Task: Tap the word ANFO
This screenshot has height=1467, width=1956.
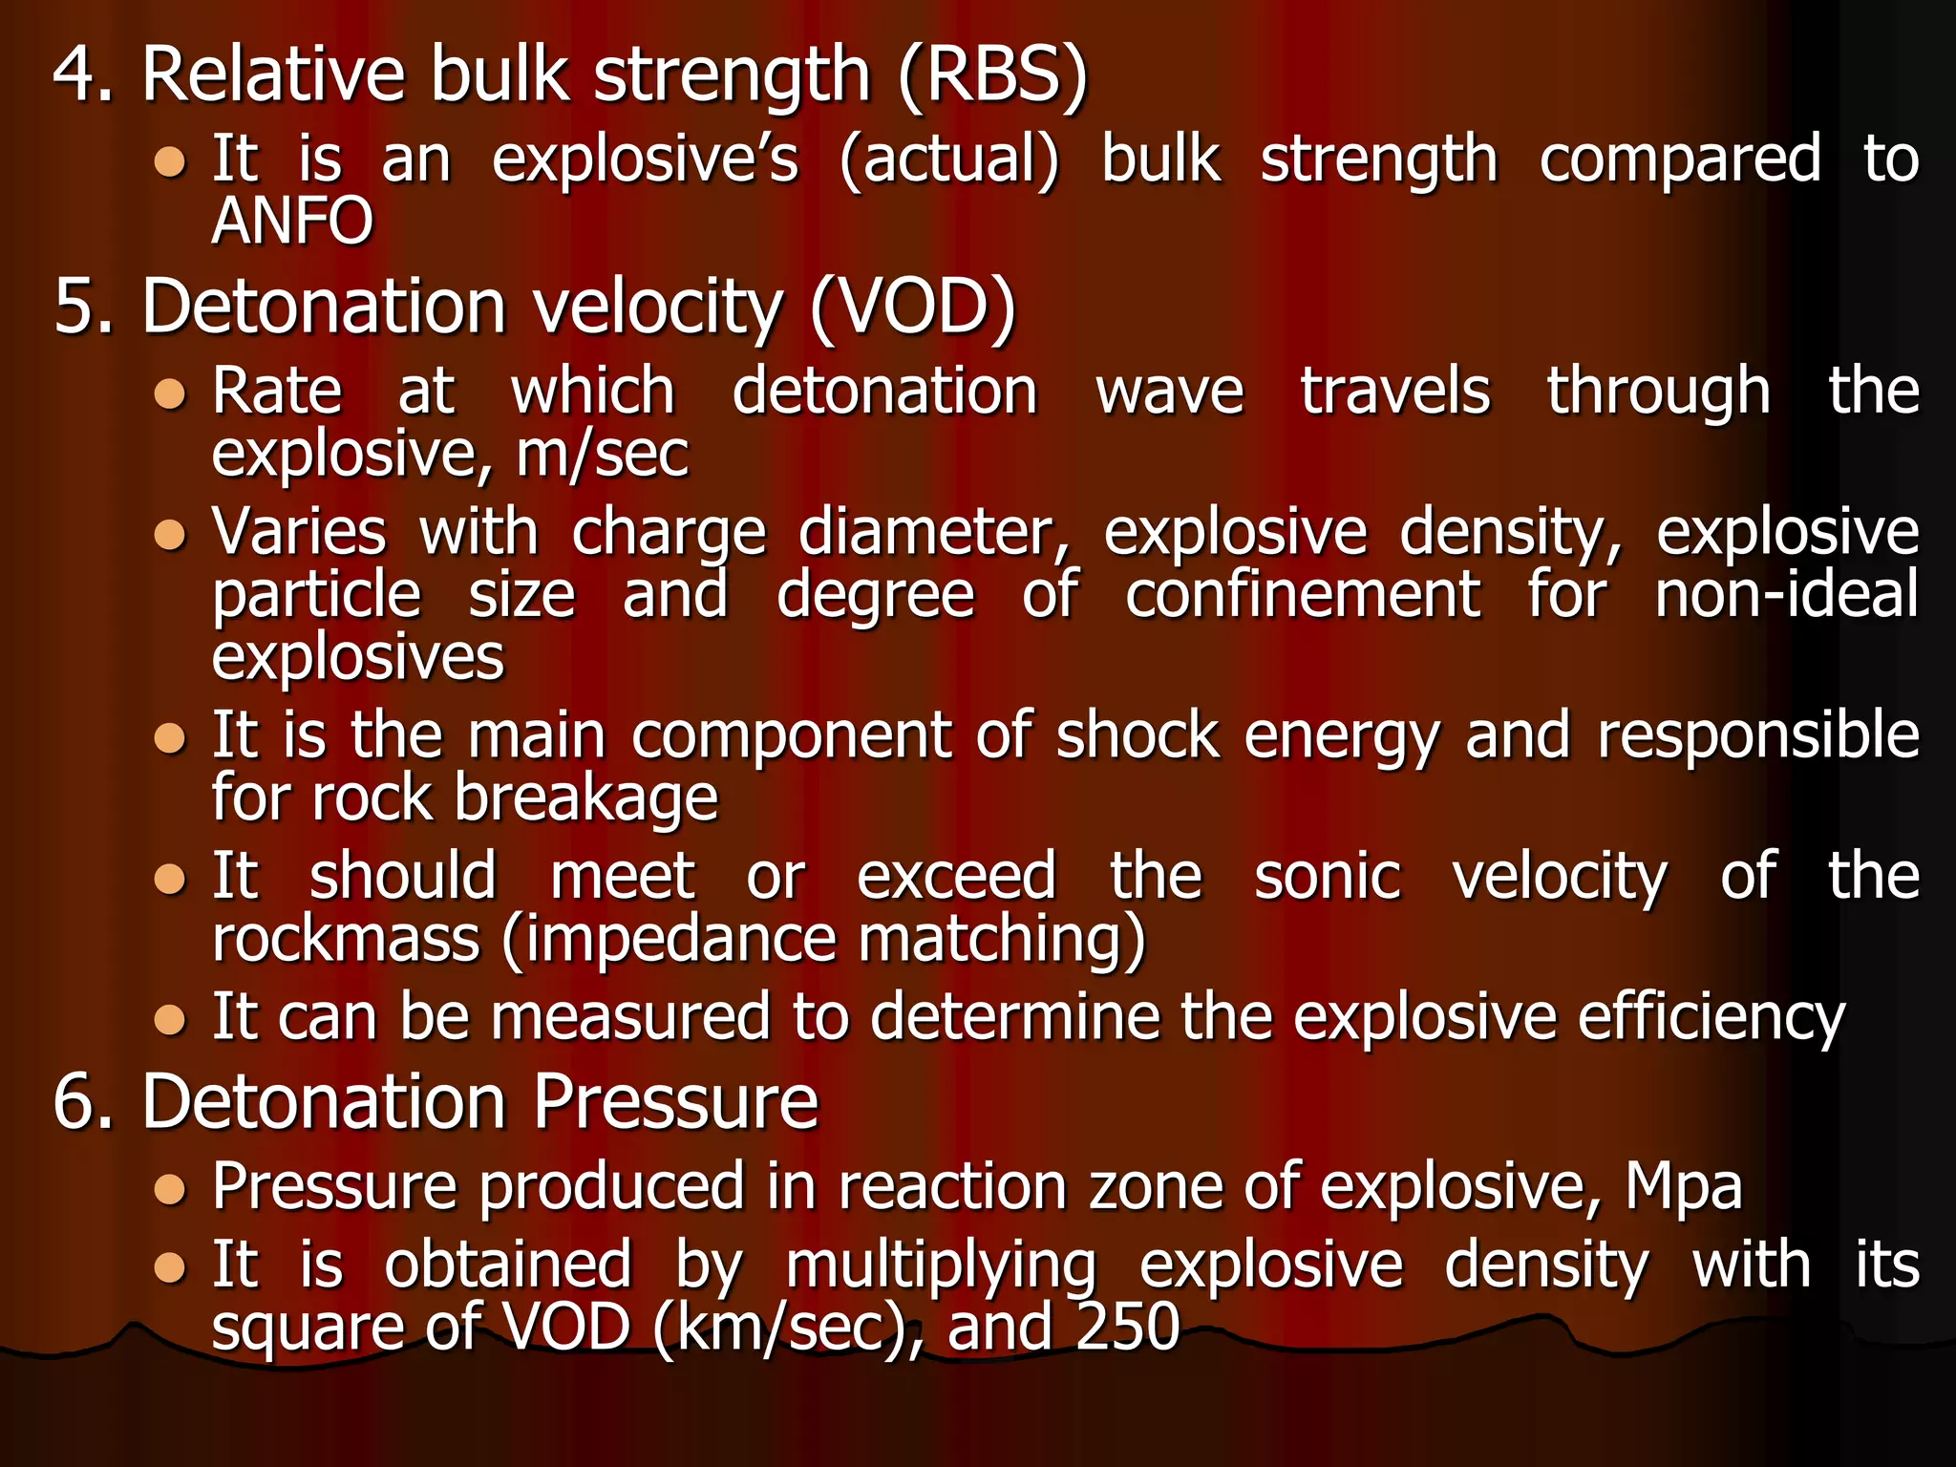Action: pos(292,222)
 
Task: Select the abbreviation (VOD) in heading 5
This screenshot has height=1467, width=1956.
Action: pos(913,308)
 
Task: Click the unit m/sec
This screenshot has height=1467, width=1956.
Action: pos(602,454)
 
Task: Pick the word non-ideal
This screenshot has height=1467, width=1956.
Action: pos(1786,594)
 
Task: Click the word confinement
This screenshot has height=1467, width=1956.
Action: pos(1303,594)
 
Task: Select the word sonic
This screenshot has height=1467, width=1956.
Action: pos(1328,876)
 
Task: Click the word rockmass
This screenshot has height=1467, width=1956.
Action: pos(346,939)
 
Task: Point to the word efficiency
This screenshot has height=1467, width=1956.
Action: pos(1711,1016)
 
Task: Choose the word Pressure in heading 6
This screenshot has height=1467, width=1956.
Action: pos(675,1102)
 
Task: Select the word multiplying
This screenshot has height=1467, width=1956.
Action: pos(942,1266)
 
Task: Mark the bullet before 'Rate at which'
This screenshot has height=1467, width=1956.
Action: pos(170,393)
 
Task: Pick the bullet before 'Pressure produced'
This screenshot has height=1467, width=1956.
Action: pos(170,1189)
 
